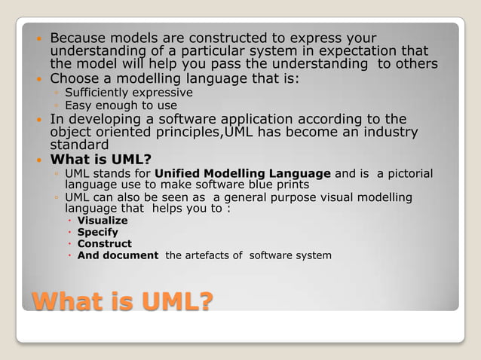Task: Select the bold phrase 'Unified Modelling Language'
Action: click(247, 174)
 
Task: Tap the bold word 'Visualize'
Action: click(103, 221)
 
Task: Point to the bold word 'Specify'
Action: click(98, 232)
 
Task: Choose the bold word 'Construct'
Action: click(104, 244)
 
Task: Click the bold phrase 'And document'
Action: click(118, 255)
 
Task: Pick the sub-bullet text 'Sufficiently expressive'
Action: click(128, 93)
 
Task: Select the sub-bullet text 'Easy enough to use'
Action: click(121, 105)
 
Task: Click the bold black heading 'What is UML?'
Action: click(100, 160)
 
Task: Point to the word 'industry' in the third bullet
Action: click(388, 132)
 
